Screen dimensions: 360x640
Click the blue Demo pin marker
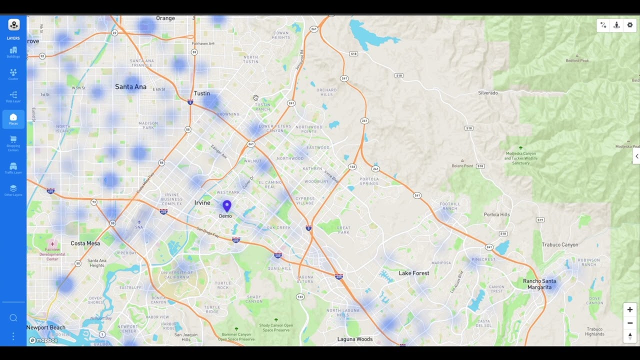(226, 205)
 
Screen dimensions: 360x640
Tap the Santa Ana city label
(130, 87)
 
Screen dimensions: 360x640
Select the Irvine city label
(202, 202)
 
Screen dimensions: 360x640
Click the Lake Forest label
(414, 273)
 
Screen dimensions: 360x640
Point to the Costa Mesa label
(85, 243)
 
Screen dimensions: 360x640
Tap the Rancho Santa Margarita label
(539, 284)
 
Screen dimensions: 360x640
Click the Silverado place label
(488, 93)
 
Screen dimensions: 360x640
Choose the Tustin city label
(202, 93)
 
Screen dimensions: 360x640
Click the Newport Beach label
(46, 327)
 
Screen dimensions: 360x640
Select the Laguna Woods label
(355, 339)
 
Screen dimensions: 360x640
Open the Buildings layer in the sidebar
(13, 51)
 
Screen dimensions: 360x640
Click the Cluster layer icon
(13, 74)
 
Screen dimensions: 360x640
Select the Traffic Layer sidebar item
(13, 167)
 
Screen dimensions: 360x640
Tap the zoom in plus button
(630, 309)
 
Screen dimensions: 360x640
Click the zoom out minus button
(630, 323)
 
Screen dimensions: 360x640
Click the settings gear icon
(630, 25)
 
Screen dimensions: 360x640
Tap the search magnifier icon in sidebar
(13, 318)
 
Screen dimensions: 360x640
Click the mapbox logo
(43, 340)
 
